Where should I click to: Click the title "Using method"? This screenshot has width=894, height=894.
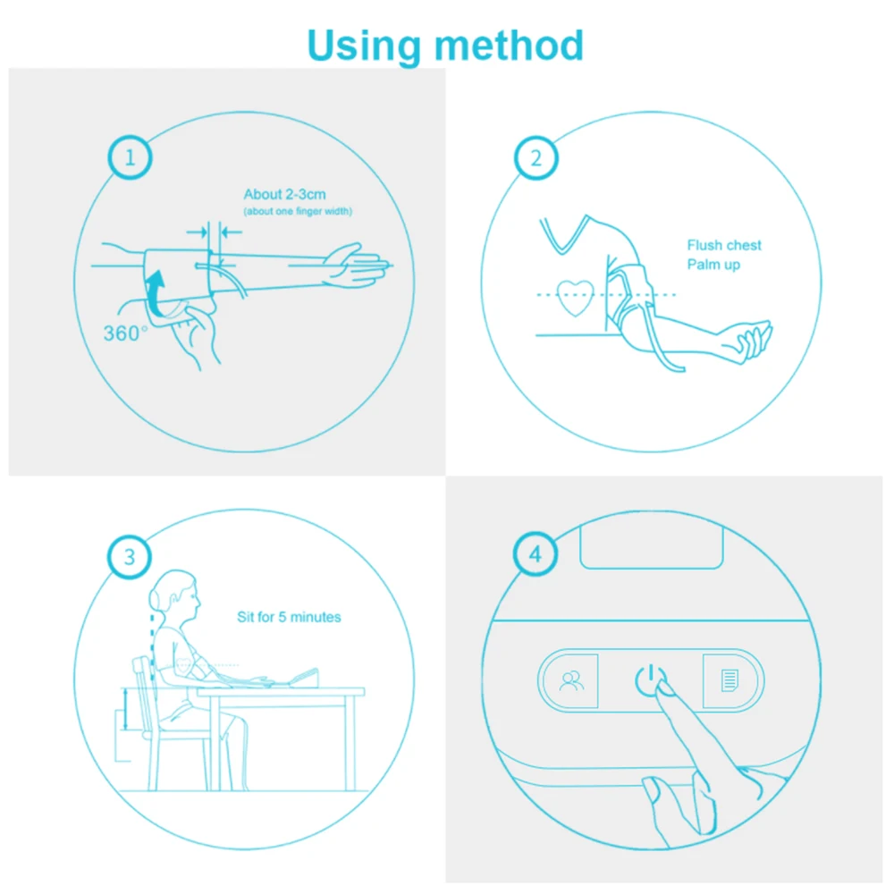click(x=445, y=45)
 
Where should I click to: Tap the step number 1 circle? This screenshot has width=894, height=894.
click(x=131, y=159)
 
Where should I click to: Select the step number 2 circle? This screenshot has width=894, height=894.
click(x=536, y=159)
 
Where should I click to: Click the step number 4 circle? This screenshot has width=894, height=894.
click(x=536, y=555)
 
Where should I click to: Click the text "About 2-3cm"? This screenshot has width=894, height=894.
click(x=283, y=195)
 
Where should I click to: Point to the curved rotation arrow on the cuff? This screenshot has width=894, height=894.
click(x=156, y=296)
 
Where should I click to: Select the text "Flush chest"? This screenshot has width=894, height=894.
click(x=724, y=245)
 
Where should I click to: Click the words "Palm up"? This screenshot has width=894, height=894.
click(x=713, y=265)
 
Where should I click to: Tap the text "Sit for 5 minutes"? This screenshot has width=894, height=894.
click(x=289, y=617)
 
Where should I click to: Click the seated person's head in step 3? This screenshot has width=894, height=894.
click(x=176, y=594)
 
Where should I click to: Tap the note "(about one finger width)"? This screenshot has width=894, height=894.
click(x=298, y=212)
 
